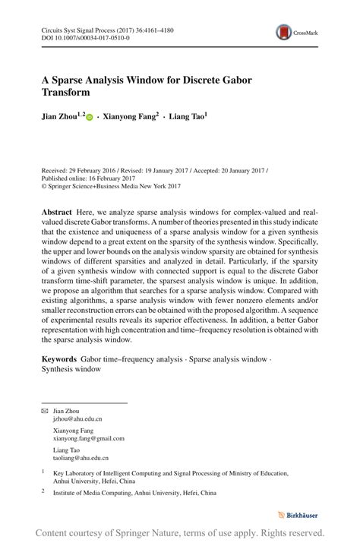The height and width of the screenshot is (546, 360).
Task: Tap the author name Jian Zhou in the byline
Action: coord(61,118)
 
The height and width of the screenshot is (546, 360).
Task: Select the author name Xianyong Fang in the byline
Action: coord(131,118)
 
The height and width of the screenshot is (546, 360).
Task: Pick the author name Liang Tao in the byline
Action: coord(188,118)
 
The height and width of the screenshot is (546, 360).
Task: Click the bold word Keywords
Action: coord(59,358)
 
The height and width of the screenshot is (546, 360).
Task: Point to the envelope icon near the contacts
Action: coord(44,411)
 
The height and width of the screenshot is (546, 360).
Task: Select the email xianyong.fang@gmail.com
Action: coord(88,438)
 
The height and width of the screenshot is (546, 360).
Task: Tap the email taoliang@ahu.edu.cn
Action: coord(81,458)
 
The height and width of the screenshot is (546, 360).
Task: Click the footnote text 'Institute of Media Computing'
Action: coord(96,492)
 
